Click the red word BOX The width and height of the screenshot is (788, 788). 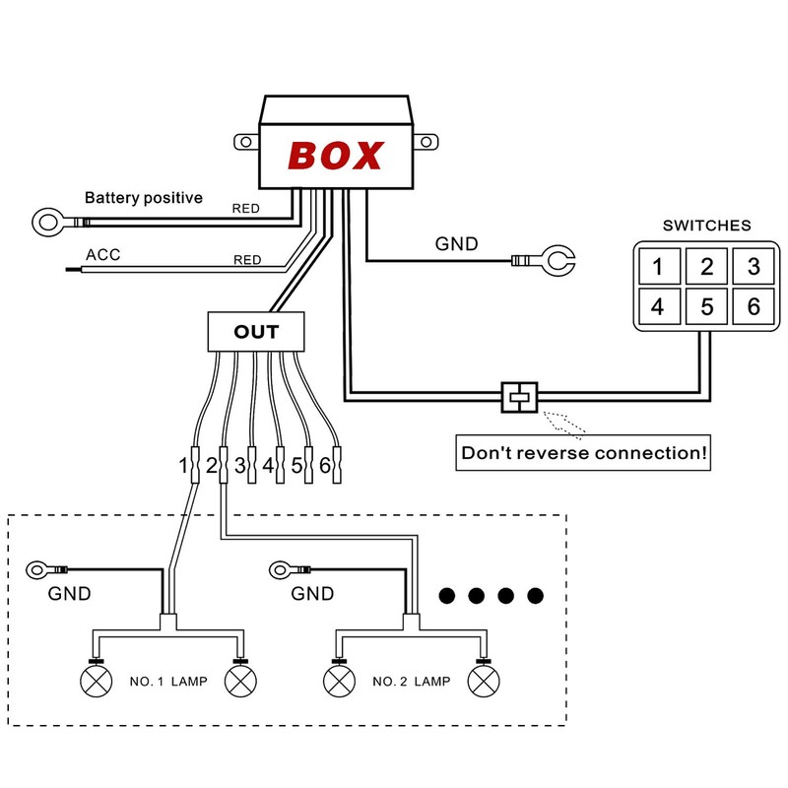pos(335,155)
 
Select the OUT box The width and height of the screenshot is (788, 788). pos(256,332)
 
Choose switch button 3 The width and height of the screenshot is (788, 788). pos(754,265)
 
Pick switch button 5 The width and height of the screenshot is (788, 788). pos(705,306)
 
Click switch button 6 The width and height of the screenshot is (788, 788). pos(754,306)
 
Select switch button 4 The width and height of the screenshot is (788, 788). pos(657,306)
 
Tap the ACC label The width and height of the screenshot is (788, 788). pos(102,255)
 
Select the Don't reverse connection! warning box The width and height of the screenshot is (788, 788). pos(584,454)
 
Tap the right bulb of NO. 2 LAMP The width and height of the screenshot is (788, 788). pos(482,681)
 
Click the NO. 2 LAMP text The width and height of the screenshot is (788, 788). pos(410,681)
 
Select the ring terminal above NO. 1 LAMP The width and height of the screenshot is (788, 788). pos(40,568)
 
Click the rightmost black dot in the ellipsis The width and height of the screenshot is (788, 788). pos(535,595)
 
